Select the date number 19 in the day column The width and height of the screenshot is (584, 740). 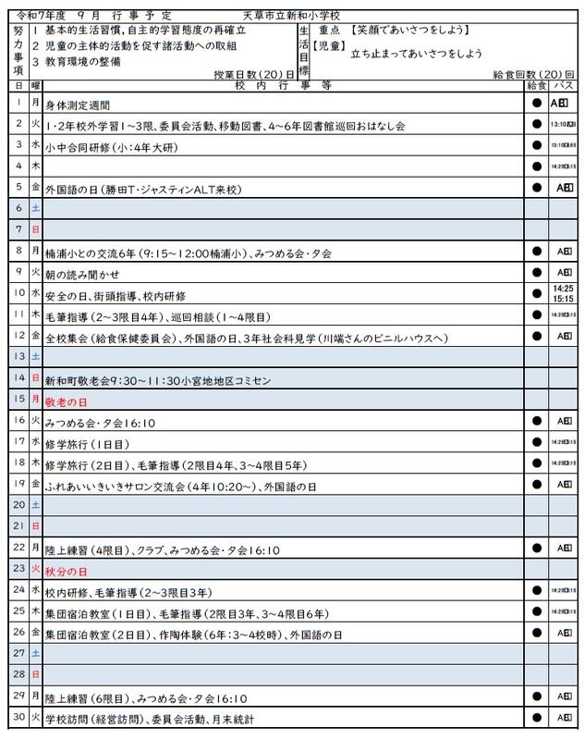pos(18,483)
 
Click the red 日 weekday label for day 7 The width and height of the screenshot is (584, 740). pos(35,228)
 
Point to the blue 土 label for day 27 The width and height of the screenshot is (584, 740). pos(35,653)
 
